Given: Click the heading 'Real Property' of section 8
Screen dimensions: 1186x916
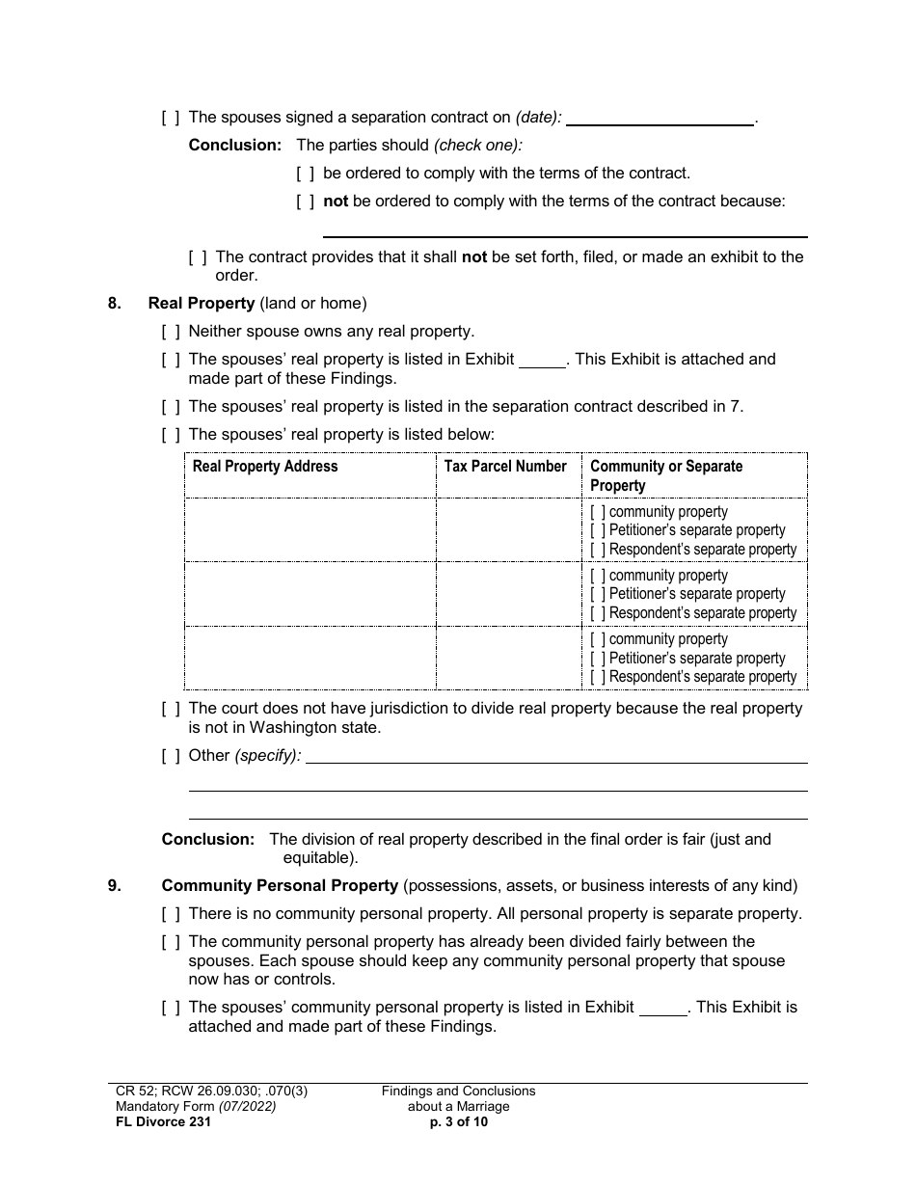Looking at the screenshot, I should pyautogui.click(x=201, y=304).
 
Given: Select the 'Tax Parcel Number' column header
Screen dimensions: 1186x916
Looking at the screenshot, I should pyautogui.click(x=505, y=467).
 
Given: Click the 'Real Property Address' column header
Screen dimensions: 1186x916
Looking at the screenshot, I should pyautogui.click(x=265, y=467).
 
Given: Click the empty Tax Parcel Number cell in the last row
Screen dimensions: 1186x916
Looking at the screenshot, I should pyautogui.click(x=507, y=658).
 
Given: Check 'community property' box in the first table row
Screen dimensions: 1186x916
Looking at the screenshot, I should pyautogui.click(x=598, y=512).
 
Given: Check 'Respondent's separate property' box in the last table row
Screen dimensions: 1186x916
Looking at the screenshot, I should pyautogui.click(x=598, y=677).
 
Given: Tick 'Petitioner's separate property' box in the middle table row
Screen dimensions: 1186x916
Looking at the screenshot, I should pyautogui.click(x=598, y=594).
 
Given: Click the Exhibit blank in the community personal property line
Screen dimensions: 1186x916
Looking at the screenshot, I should pyautogui.click(x=663, y=1008).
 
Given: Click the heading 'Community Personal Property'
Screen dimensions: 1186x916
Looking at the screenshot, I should pyautogui.click(x=280, y=886).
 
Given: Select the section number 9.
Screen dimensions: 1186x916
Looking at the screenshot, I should pyautogui.click(x=115, y=886).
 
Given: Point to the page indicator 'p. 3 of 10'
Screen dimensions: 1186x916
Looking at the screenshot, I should pyautogui.click(x=458, y=1121).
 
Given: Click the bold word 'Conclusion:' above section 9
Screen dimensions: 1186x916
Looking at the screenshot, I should pyautogui.click(x=207, y=840).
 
